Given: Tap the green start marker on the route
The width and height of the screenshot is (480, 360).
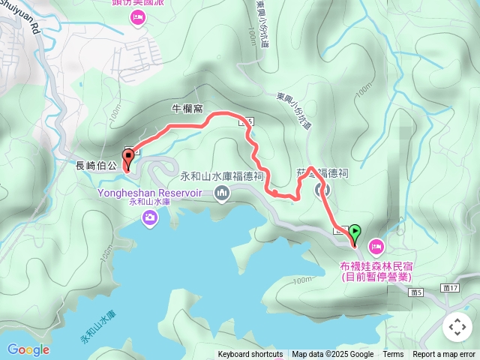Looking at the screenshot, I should tap(354, 233).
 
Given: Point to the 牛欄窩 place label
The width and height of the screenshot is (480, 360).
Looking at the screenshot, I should tap(187, 109).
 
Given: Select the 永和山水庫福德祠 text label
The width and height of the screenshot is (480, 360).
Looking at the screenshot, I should tap(221, 177).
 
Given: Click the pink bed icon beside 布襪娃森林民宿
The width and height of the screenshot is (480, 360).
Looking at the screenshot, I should tap(376, 245).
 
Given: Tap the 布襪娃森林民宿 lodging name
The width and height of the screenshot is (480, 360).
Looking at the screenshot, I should tap(376, 265).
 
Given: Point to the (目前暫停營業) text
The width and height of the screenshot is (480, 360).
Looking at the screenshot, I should tap(376, 276).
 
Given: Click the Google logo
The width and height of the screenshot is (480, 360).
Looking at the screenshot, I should tap(28, 349).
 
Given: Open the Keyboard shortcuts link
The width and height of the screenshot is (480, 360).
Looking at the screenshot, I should tap(250, 355).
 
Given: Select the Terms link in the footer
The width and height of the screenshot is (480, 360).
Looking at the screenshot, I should tap(393, 355).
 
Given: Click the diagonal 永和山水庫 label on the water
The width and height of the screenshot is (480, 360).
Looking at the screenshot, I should tap(97, 327).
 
